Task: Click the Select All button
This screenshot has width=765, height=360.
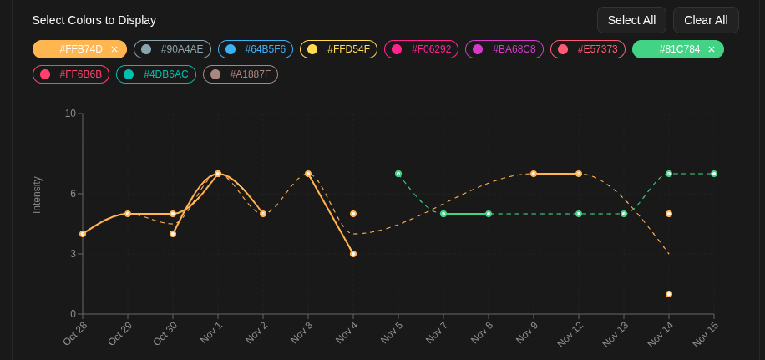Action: coord(631,20)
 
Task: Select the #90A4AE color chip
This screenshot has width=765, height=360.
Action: coord(172,49)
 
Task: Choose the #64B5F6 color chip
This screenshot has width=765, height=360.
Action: coord(256,49)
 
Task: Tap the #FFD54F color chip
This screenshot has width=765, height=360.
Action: coord(338,49)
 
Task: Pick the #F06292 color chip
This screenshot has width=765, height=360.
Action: coord(422,49)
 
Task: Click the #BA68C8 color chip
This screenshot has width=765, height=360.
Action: coord(504,49)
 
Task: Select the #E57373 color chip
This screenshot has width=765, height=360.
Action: coord(588,49)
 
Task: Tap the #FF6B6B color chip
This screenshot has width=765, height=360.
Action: coord(71,74)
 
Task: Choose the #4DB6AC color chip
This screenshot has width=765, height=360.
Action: coord(156,74)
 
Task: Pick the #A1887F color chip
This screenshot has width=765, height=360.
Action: coord(241,74)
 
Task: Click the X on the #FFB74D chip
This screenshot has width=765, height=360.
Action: coord(114,49)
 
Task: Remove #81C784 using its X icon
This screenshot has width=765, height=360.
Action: coord(712,49)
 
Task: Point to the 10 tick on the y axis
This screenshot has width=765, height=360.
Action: coord(70,114)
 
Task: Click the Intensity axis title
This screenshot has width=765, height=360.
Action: coord(37,195)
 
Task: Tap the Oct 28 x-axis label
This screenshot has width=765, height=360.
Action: coord(75,332)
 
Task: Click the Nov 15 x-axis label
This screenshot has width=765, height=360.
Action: coord(706,334)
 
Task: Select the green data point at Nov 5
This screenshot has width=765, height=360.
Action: coord(398,174)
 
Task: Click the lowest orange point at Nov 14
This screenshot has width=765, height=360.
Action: coord(669,294)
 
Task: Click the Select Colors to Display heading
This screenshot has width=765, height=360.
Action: coord(94,20)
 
